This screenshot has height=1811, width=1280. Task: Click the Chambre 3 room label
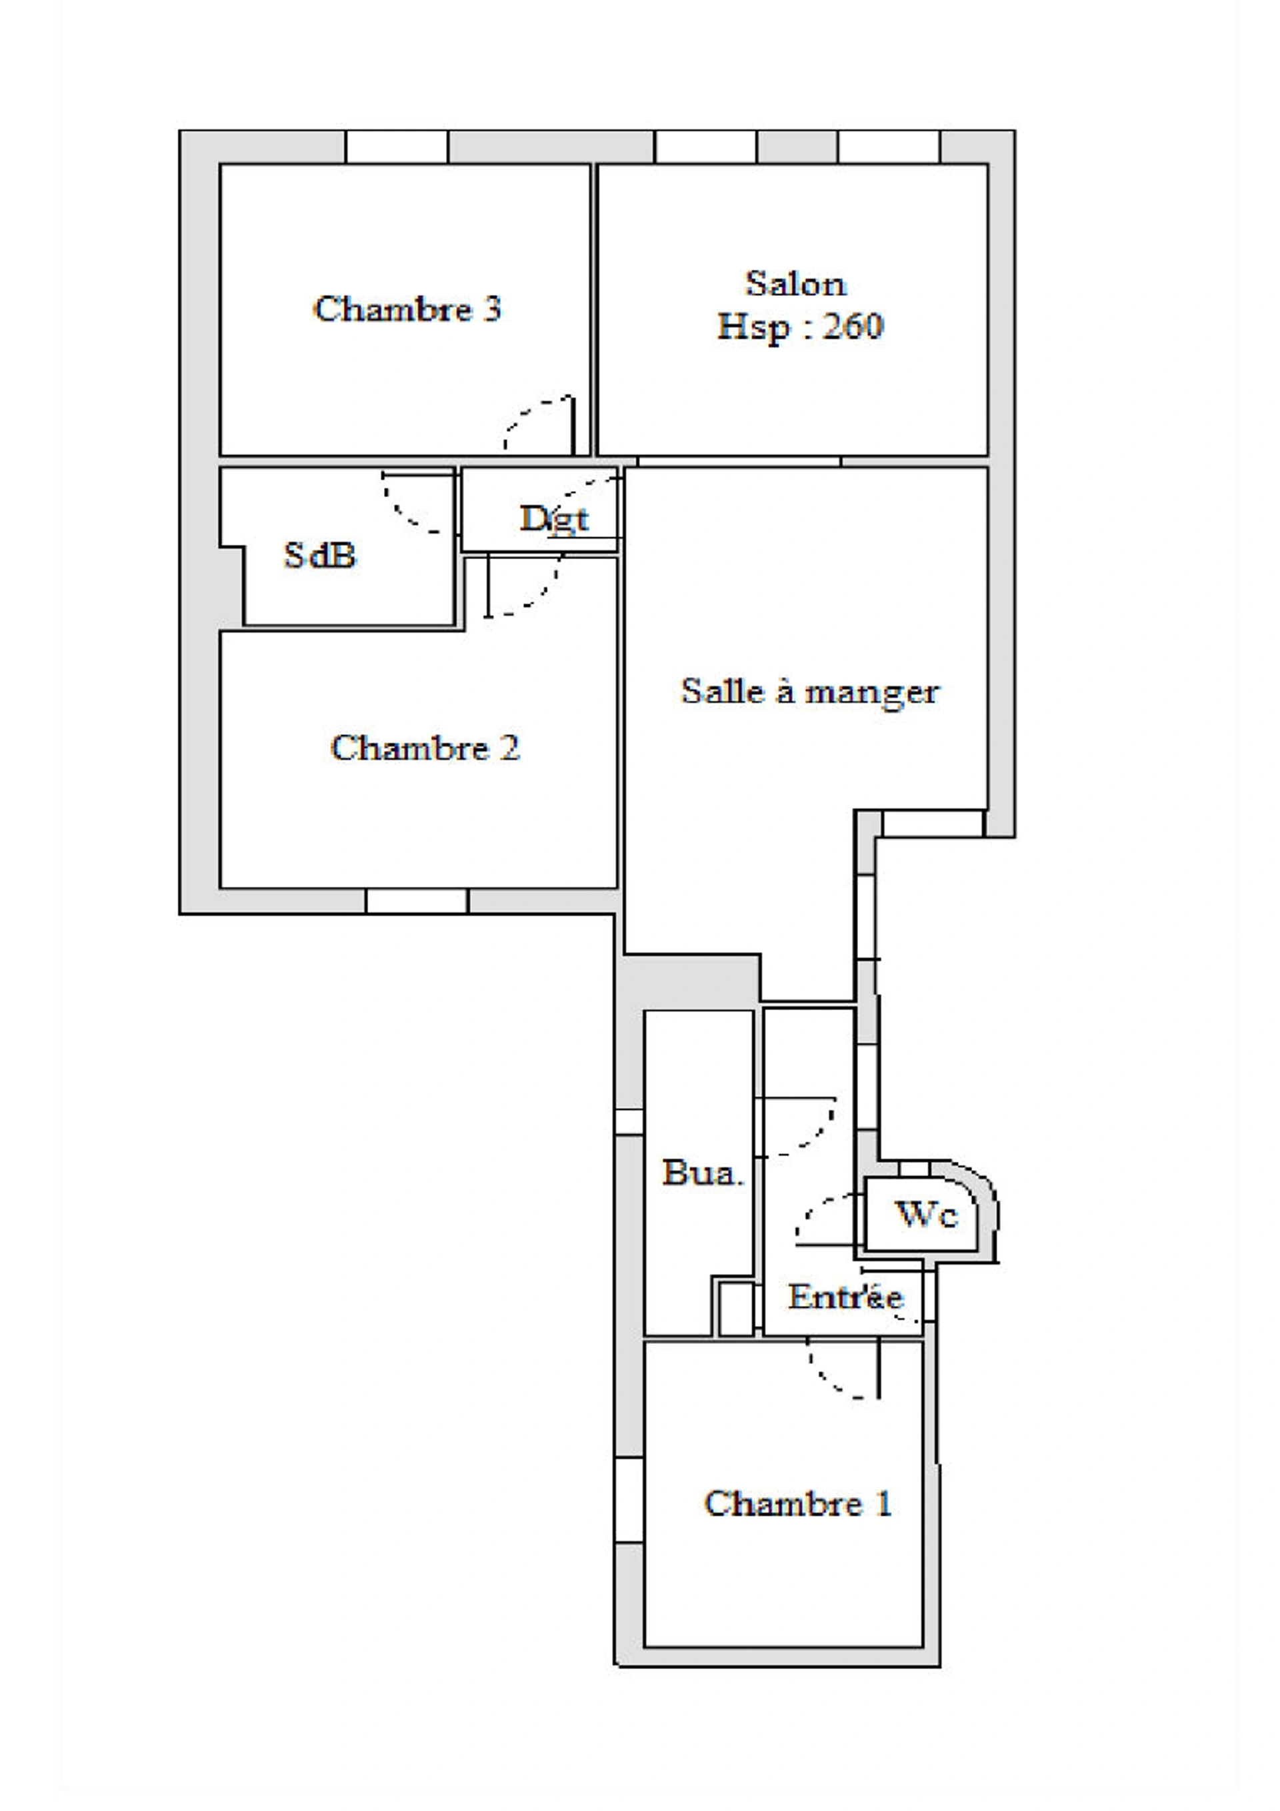[x=407, y=308]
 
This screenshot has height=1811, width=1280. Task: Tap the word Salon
[x=796, y=284]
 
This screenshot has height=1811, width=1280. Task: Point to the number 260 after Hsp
[x=853, y=326]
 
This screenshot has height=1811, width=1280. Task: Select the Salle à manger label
[x=811, y=692]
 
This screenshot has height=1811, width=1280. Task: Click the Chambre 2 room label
[x=425, y=748]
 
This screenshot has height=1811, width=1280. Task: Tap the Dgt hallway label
[x=554, y=519]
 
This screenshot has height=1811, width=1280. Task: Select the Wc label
[x=927, y=1215]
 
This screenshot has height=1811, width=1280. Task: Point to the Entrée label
[x=846, y=1297]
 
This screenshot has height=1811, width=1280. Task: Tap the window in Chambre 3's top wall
[x=397, y=147]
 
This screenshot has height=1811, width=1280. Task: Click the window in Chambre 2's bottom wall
[x=417, y=902]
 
